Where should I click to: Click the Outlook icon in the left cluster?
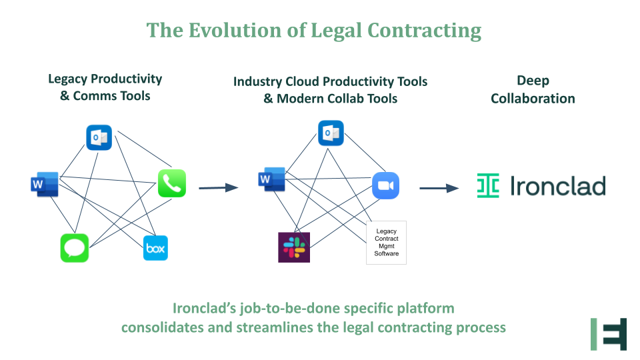pyautogui.click(x=99, y=137)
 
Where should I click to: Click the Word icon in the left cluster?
pyautogui.click(x=44, y=184)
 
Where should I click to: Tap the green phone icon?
pyautogui.click(x=172, y=183)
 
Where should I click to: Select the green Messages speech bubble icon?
pyautogui.click(x=74, y=248)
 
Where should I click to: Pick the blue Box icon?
pyautogui.click(x=156, y=248)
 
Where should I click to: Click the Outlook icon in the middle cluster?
pyautogui.click(x=331, y=133)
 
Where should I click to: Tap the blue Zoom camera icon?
pyautogui.click(x=385, y=185)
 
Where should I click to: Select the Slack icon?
pyautogui.click(x=294, y=247)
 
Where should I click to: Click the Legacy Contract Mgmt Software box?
pyautogui.click(x=386, y=243)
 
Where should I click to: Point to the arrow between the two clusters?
pyautogui.click(x=218, y=187)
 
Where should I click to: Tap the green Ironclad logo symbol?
pyautogui.click(x=488, y=186)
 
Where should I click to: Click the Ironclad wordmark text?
pyautogui.click(x=557, y=186)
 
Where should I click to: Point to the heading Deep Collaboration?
pyautogui.click(x=533, y=89)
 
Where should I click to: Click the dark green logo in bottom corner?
pyautogui.click(x=609, y=334)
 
